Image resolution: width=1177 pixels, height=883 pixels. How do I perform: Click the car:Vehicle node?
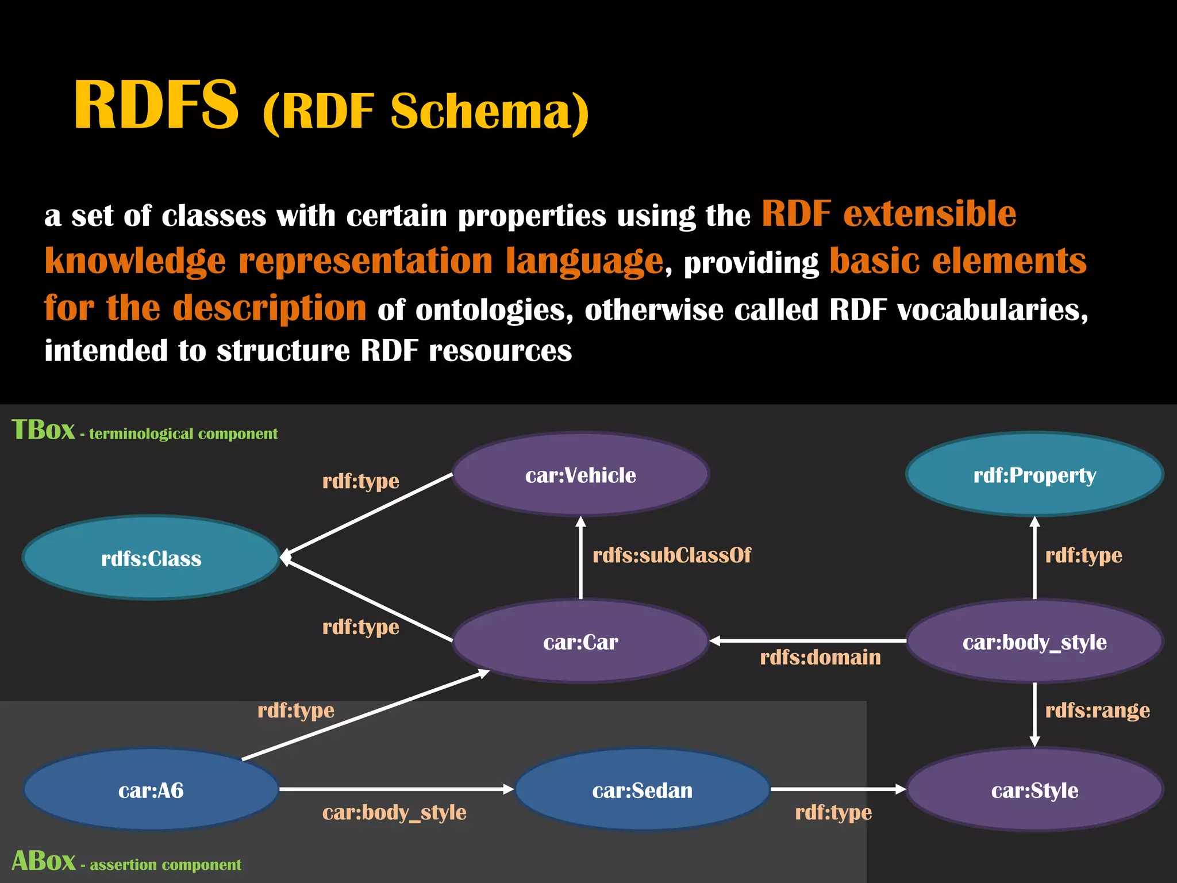(580, 474)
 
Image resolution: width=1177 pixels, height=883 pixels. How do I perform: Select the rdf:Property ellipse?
(1034, 474)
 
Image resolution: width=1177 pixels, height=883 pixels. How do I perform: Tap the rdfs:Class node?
(151, 558)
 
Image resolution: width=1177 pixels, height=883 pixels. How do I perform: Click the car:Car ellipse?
(580, 641)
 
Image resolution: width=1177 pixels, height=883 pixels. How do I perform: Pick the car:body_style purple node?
(1034, 641)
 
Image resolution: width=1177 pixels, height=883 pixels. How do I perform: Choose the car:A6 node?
(151, 789)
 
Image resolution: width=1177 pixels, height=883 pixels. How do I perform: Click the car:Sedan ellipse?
(642, 789)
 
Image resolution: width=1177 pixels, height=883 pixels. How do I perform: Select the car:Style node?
(1034, 789)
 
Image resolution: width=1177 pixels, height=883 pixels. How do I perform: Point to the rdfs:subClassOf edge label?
(671, 555)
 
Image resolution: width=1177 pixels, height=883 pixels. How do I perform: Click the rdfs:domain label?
(820, 657)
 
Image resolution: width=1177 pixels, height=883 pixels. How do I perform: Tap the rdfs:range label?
(1097, 710)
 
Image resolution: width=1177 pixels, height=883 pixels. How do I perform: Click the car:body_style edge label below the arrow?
(394, 812)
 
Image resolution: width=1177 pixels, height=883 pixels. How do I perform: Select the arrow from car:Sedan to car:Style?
(838, 789)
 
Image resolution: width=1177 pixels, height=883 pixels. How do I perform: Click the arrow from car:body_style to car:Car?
(807, 640)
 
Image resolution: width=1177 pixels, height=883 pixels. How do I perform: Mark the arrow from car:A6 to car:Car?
(365, 715)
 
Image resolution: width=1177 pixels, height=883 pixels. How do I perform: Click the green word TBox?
(43, 429)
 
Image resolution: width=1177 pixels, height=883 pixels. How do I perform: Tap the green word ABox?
(43, 861)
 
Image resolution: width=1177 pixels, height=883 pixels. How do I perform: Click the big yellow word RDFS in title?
(156, 105)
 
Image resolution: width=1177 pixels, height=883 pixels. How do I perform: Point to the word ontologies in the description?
(494, 310)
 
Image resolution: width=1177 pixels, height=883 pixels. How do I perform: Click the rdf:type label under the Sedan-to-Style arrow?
(833, 812)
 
